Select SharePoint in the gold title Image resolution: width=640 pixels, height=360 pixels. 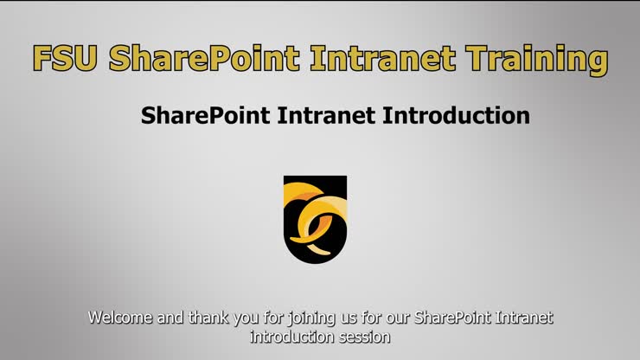coord(204,59)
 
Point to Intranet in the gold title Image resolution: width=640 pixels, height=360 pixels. coord(382,59)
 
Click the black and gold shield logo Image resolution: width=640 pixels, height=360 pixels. coord(315,217)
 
